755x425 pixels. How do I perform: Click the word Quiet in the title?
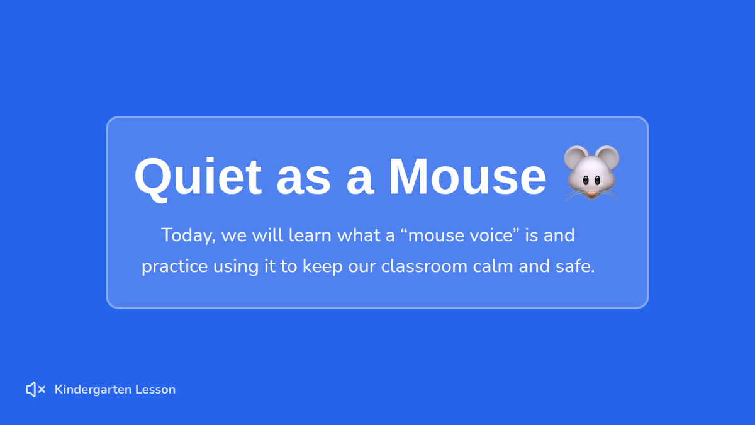[198, 178]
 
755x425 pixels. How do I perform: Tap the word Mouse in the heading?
[467, 176]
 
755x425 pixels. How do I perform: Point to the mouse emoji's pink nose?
[591, 194]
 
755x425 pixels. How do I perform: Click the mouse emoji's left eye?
[586, 181]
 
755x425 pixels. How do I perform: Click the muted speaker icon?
[36, 389]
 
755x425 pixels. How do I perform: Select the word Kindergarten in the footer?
[93, 390]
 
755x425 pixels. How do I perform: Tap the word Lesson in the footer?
[155, 390]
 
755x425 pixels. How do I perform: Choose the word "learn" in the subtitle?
[310, 235]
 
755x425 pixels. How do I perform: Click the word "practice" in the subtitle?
[175, 267]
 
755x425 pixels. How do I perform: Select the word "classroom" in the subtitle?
[424, 266]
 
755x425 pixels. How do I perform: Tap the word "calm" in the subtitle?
[493, 266]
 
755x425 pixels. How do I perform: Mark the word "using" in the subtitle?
[236, 267]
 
